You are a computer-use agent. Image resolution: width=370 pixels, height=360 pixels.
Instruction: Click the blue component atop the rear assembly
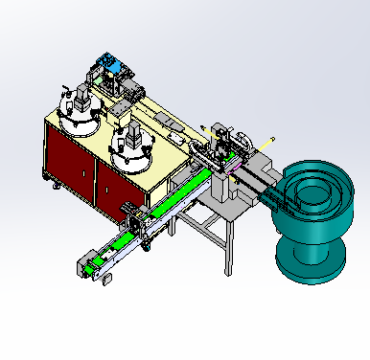113,67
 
